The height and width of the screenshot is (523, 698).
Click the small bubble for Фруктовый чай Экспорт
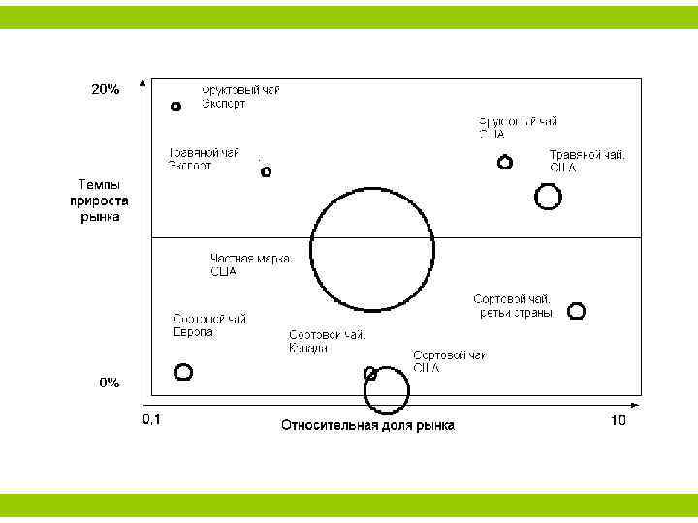(x=175, y=107)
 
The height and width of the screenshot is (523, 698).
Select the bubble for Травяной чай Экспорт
(x=267, y=172)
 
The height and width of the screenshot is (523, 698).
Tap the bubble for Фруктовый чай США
(x=504, y=162)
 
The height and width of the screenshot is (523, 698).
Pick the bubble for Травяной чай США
(x=548, y=197)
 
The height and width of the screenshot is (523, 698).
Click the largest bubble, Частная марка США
(x=372, y=249)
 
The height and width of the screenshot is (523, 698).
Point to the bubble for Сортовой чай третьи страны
(x=576, y=311)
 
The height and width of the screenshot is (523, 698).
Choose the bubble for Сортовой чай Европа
(x=183, y=371)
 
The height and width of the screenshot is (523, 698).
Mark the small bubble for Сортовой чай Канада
(x=369, y=373)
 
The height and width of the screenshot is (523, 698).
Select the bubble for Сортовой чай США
(x=387, y=389)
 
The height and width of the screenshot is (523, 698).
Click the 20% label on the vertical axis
(x=106, y=89)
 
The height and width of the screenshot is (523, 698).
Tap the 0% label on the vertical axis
(x=110, y=383)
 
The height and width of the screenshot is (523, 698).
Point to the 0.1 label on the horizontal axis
(x=151, y=420)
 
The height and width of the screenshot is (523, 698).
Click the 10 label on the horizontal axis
(x=618, y=420)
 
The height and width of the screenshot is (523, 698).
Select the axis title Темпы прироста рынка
(x=94, y=200)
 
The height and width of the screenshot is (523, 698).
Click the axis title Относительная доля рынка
(x=367, y=424)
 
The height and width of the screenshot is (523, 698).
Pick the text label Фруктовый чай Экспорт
(x=240, y=97)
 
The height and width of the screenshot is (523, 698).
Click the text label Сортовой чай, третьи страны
(x=514, y=306)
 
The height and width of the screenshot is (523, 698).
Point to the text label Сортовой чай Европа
(x=209, y=325)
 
